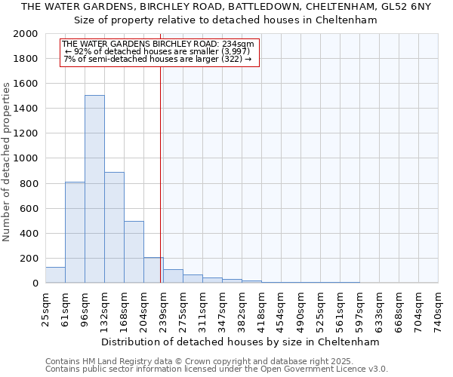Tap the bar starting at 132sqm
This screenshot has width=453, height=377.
point(114,227)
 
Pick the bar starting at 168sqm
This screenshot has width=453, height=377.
point(134,252)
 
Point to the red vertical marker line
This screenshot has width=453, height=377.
point(161,173)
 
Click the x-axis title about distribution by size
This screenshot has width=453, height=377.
point(242,342)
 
